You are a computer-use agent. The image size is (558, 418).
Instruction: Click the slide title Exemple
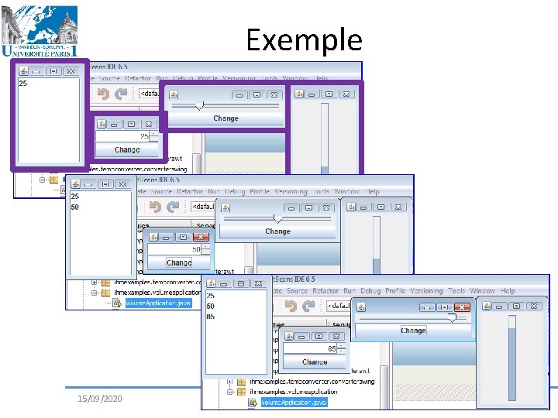coord(304,39)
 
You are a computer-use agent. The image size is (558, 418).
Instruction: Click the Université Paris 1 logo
coord(40,31)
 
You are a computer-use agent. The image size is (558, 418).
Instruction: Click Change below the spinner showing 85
coord(315,361)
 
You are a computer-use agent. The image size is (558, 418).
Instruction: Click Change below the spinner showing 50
coord(178,262)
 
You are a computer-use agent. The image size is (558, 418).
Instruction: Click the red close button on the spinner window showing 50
coord(201,237)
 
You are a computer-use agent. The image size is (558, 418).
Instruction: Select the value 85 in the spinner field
coord(332,348)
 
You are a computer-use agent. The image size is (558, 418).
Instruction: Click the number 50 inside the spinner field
coord(195,250)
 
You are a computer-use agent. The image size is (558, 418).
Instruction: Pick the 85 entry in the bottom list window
coord(211,316)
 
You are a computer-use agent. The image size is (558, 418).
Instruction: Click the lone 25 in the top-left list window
coord(23,83)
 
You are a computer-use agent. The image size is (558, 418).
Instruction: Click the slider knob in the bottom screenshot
coord(452,318)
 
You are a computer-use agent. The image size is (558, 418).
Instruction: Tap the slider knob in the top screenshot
coord(200,104)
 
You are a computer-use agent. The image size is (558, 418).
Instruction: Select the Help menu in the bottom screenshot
coord(508,291)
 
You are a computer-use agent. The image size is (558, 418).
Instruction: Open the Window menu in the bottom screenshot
coord(482,291)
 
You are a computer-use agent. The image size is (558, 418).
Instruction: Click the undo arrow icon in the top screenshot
coord(102,94)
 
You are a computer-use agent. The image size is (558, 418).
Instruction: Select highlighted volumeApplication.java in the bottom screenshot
coord(294,403)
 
